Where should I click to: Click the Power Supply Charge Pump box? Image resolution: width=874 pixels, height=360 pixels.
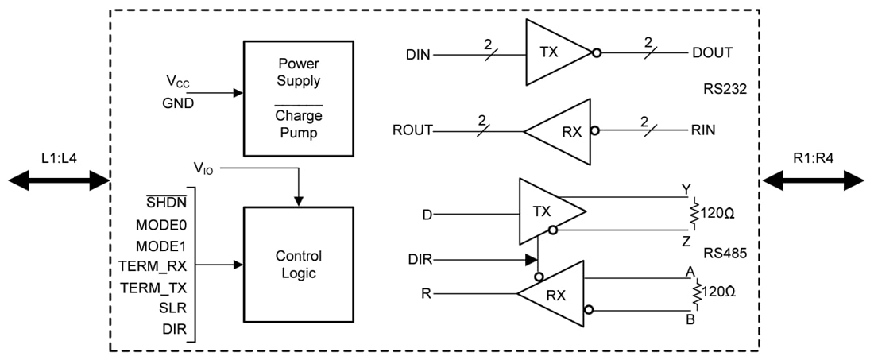(x=298, y=98)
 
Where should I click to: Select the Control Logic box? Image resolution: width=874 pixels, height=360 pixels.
(x=298, y=265)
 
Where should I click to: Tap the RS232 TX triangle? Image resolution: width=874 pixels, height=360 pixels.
(x=553, y=53)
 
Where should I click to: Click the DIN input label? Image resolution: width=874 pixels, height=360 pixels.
(x=418, y=55)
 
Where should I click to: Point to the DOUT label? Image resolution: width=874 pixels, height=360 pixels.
(x=712, y=53)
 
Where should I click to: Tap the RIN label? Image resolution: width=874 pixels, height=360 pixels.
(x=703, y=130)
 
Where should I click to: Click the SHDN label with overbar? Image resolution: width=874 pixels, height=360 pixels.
(x=165, y=203)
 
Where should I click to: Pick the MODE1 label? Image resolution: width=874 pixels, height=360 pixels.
(x=160, y=246)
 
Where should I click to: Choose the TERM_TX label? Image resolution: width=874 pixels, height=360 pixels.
(x=153, y=288)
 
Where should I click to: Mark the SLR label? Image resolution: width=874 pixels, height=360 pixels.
(x=172, y=308)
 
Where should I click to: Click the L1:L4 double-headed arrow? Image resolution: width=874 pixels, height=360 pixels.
(x=57, y=181)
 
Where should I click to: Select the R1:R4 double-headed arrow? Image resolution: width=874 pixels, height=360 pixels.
(x=813, y=181)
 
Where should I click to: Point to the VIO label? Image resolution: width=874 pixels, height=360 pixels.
(x=203, y=168)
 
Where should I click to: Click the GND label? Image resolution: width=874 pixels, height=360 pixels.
(x=178, y=103)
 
